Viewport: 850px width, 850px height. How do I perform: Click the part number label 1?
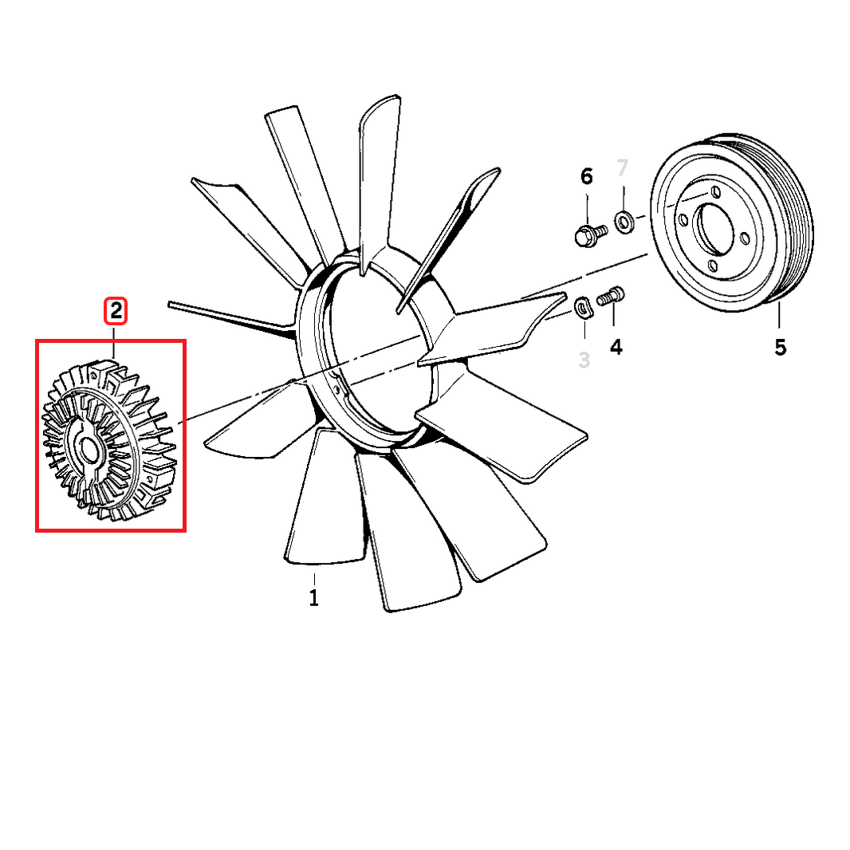pyautogui.click(x=314, y=597)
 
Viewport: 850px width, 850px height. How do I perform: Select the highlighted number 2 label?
pyautogui.click(x=116, y=311)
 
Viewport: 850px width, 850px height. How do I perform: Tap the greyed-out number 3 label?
pyautogui.click(x=584, y=360)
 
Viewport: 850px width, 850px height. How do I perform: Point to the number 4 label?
pyautogui.click(x=616, y=347)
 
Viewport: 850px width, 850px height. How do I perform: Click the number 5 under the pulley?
pyautogui.click(x=780, y=348)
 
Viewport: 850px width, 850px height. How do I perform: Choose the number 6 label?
pyautogui.click(x=587, y=176)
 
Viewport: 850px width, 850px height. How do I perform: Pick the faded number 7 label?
pyautogui.click(x=623, y=167)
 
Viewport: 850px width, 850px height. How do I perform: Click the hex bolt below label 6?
pyautogui.click(x=588, y=234)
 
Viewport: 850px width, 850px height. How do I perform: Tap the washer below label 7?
pyautogui.click(x=624, y=219)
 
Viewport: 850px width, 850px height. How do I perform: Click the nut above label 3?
pyautogui.click(x=583, y=307)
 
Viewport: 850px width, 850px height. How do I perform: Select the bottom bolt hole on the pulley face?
pyautogui.click(x=714, y=266)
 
